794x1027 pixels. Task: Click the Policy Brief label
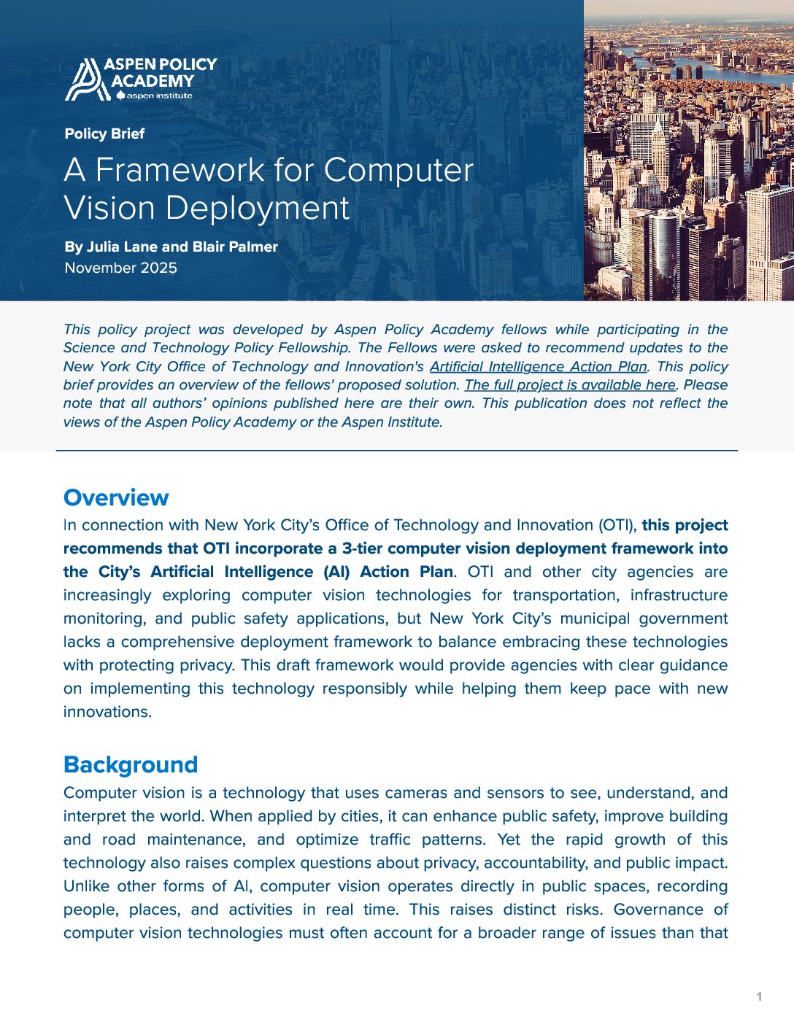tap(104, 133)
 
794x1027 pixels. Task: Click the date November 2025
tap(120, 268)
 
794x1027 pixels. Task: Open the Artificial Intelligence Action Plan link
tap(538, 366)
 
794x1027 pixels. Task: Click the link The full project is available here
tap(571, 384)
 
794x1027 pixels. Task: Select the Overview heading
tap(116, 497)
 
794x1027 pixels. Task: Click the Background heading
tap(131, 764)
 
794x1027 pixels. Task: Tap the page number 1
tap(759, 996)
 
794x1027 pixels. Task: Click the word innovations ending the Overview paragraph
tap(107, 712)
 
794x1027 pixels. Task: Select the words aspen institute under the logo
tap(159, 96)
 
